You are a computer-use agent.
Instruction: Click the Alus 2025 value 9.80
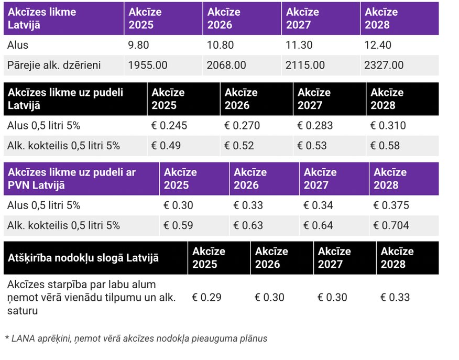pos(138,46)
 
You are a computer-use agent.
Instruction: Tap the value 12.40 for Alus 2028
pos(378,46)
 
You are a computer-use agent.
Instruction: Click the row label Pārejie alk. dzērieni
pos(54,66)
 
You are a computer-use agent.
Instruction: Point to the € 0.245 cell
pos(169,126)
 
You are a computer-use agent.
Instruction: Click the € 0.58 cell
pos(385,146)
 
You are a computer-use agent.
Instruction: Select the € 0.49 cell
pos(166,146)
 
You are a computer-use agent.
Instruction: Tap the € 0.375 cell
pos(391,205)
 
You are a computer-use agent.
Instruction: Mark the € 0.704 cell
pos(391,226)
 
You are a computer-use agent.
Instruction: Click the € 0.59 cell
pos(178,226)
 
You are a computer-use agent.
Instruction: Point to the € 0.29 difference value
pos(206,298)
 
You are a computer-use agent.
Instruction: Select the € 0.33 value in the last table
pos(395,298)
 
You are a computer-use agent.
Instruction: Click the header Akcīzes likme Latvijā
pos(42,18)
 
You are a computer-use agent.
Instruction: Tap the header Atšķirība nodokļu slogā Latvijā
pos(84,258)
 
